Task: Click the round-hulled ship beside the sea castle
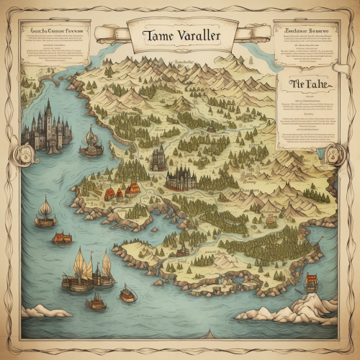(91, 143)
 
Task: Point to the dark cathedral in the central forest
(181, 178)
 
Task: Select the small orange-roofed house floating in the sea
(62, 237)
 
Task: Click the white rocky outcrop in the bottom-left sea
(43, 310)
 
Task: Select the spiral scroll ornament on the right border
(335, 153)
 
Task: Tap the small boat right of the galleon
(128, 293)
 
